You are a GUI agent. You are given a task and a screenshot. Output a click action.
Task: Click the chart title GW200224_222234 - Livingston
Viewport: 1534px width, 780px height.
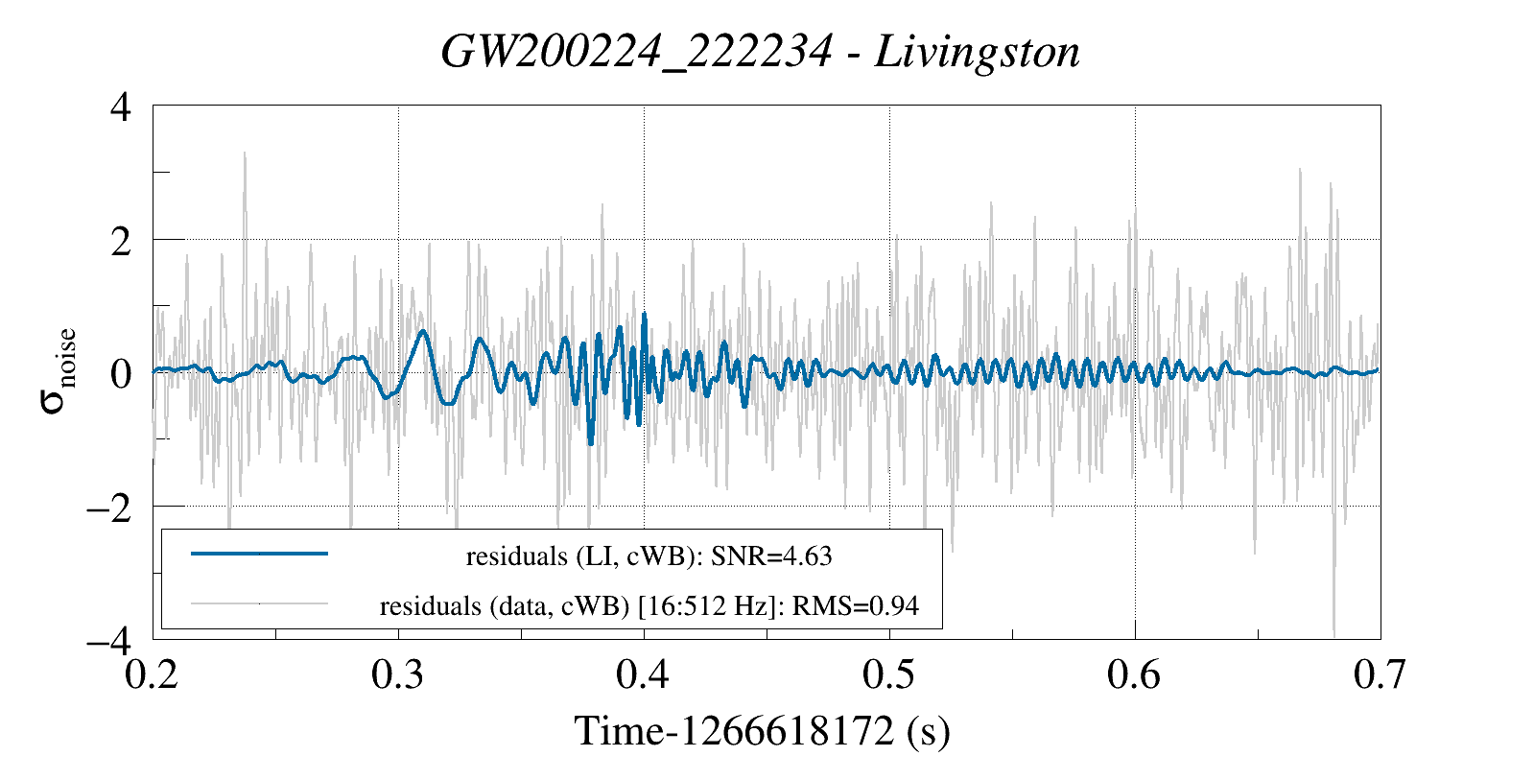coord(760,52)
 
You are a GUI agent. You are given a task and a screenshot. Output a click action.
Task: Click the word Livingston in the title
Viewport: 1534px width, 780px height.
coord(977,52)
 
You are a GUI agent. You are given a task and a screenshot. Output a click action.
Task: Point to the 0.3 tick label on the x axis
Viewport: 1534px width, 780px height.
coord(398,675)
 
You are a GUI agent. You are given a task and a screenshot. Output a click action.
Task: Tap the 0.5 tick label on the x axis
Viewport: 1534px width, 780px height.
coord(889,675)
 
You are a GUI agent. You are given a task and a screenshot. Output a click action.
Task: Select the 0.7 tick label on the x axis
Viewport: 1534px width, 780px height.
coord(1380,675)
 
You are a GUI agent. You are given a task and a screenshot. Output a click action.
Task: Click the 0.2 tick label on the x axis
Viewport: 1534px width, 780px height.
coord(153,675)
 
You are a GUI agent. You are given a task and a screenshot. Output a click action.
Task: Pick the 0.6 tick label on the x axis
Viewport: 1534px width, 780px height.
coord(1134,675)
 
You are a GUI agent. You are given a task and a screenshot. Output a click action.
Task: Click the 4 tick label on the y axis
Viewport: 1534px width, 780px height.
coord(120,106)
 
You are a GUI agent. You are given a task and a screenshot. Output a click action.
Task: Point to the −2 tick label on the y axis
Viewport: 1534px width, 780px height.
coord(108,507)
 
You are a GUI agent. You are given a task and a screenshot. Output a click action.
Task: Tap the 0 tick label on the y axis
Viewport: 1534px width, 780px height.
coord(120,373)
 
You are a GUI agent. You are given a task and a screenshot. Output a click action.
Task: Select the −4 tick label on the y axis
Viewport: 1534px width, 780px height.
coord(108,640)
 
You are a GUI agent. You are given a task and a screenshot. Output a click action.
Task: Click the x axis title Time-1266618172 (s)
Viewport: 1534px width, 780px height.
coord(762,731)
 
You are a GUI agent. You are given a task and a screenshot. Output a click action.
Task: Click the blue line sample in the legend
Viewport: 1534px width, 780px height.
coord(259,554)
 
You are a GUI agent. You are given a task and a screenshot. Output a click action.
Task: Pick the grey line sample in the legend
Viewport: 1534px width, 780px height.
coord(259,604)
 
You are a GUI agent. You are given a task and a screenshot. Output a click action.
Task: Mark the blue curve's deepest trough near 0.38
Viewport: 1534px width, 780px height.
coord(591,443)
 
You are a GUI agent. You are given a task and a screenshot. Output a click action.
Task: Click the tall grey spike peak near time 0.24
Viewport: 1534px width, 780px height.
coord(245,154)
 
